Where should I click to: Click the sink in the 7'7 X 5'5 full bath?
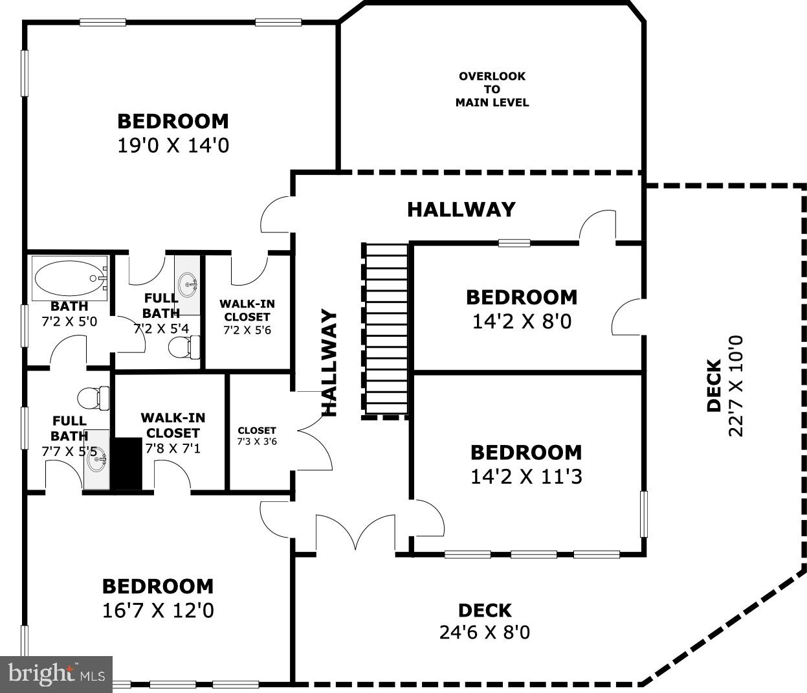click(96, 461)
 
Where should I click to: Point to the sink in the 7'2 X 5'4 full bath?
click(188, 283)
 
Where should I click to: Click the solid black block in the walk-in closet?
click(128, 464)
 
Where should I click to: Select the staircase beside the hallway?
click(386, 330)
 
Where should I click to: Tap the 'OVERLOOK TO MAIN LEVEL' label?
click(492, 89)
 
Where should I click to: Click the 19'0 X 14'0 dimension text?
click(173, 145)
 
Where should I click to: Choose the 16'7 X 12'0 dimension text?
click(158, 610)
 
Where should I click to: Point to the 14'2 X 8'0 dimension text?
click(522, 321)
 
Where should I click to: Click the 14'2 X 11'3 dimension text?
click(525, 477)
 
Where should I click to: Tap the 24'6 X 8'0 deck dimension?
click(484, 631)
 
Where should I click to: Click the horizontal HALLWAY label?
click(461, 209)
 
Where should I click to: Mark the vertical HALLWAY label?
click(330, 363)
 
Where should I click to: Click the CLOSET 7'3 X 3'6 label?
click(257, 436)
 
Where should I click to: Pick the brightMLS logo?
click(56, 674)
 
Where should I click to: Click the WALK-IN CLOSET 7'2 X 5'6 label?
click(247, 317)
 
